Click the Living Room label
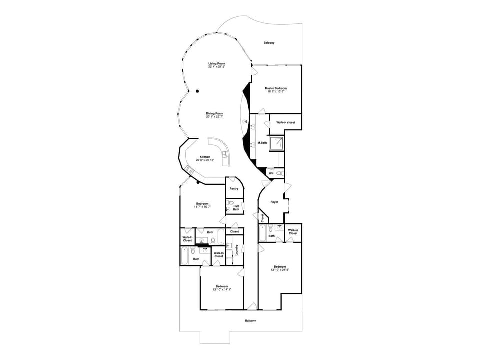tap(217, 63)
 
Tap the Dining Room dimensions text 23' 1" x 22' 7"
tap(214, 117)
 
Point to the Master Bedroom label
tap(276, 88)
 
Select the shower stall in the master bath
tap(276, 143)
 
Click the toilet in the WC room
tap(279, 173)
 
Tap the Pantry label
tap(234, 189)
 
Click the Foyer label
tap(274, 202)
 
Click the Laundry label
tap(236, 250)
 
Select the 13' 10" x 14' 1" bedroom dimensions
tap(222, 289)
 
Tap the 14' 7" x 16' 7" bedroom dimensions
tap(202, 206)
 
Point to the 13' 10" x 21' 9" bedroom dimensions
tap(280, 270)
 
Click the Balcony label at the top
tap(269, 43)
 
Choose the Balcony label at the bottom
tap(250, 321)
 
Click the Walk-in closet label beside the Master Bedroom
tap(286, 122)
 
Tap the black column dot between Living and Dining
tap(197, 91)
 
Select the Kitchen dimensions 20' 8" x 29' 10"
tap(205, 160)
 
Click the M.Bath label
tap(262, 143)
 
